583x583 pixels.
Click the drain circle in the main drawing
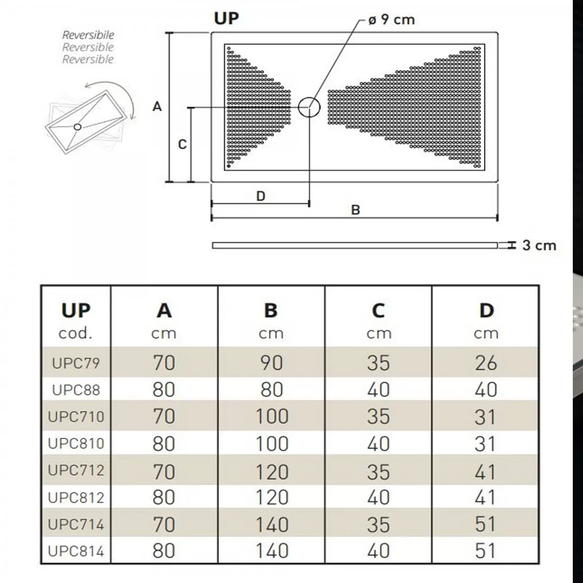[x=299, y=107]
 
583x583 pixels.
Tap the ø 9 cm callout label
[x=392, y=19]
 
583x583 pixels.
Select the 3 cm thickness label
[x=539, y=245]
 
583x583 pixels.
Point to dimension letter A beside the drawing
[x=157, y=106]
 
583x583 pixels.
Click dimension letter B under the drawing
[x=356, y=210]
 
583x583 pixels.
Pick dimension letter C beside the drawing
[x=182, y=144]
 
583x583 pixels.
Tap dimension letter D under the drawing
[x=260, y=196]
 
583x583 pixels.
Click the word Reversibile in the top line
[x=88, y=35]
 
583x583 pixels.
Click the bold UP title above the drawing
[x=226, y=18]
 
